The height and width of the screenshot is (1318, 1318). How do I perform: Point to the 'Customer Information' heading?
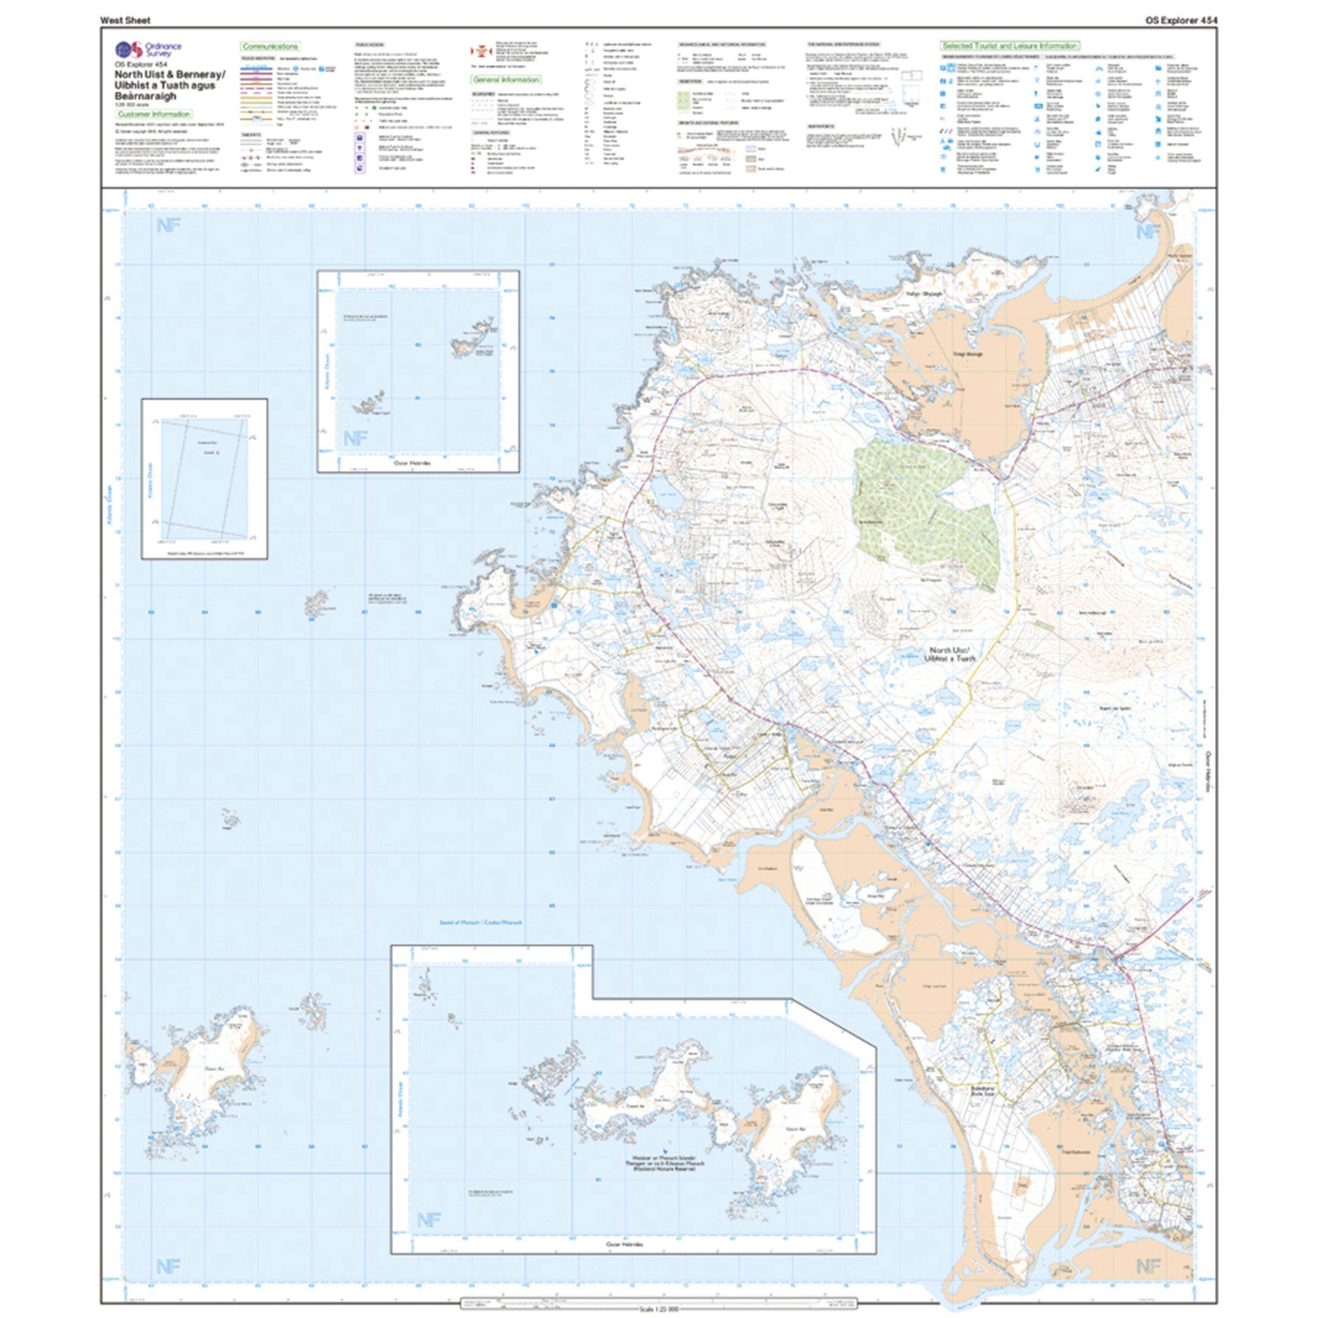coord(153,115)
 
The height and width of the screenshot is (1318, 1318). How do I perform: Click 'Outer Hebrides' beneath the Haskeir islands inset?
coord(413,462)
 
